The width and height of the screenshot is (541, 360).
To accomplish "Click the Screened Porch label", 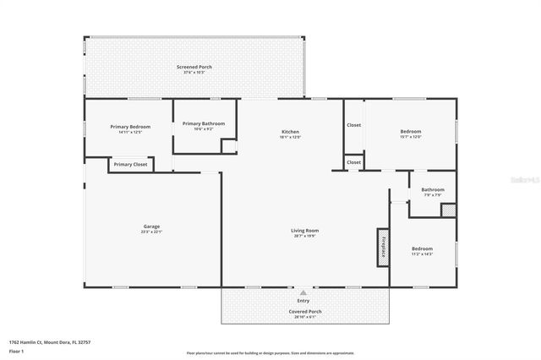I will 194,67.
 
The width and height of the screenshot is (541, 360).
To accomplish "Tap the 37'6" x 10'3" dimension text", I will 194,73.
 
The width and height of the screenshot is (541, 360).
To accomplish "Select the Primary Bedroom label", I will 130,127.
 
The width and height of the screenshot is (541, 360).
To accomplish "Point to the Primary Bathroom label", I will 204,123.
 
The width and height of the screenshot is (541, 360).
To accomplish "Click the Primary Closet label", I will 130,164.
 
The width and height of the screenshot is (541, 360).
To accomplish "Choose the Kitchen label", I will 290,132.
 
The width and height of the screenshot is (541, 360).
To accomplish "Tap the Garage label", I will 151,226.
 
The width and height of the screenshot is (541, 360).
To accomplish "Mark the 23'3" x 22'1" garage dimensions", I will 151,232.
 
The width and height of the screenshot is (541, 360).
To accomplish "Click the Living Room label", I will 305,230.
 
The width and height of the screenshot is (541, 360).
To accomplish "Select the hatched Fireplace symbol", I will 383,247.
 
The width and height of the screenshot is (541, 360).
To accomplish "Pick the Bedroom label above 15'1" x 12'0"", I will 410,132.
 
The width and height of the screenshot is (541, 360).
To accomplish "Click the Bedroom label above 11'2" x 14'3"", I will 422,248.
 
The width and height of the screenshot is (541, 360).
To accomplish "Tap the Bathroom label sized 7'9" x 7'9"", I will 433,189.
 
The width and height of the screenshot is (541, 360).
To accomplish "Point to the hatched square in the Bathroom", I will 448,210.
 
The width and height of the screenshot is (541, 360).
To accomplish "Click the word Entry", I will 303,301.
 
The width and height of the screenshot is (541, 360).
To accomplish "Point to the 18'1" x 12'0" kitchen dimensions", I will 290,138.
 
